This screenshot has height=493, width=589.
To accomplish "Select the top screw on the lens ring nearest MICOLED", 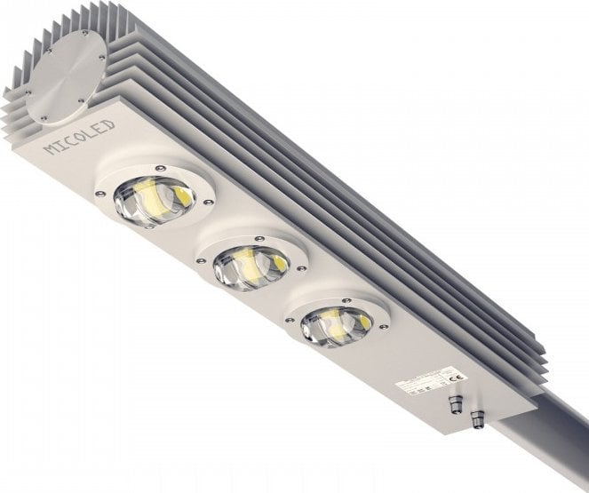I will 158,166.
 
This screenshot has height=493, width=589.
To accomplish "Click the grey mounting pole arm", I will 551,444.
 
